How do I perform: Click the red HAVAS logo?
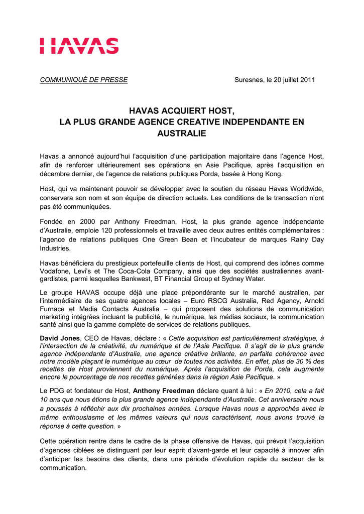pos(79,46)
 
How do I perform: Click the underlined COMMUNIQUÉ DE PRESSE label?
pos(84,80)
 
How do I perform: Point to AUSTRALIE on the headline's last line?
pos(182,134)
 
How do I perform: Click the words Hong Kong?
pos(267,174)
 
